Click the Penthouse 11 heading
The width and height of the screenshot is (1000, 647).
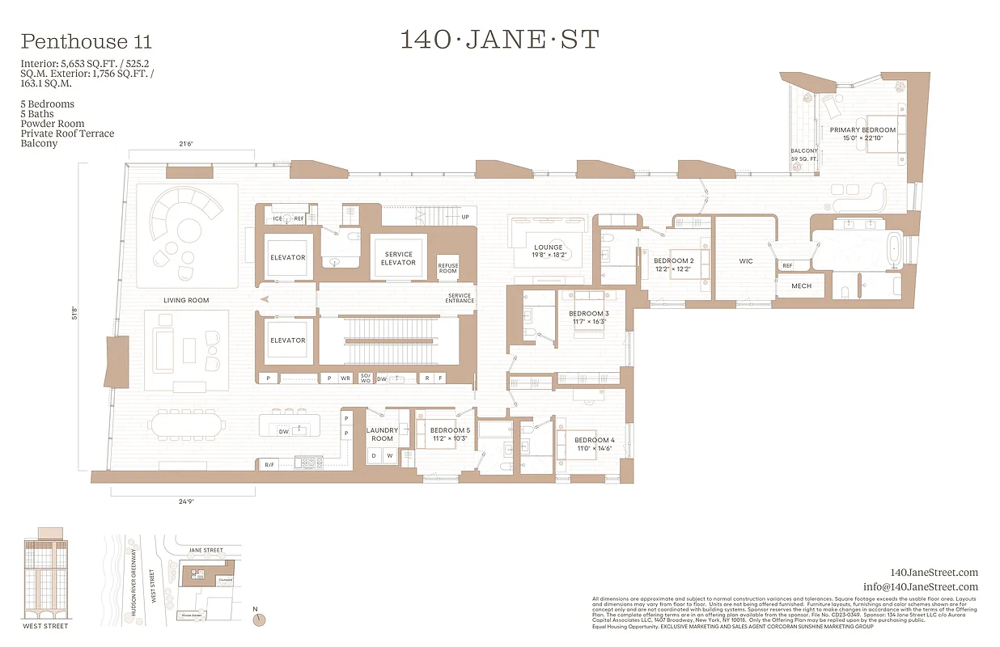pos(87,41)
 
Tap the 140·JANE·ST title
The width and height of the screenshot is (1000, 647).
pos(499,39)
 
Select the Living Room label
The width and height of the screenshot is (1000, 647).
pos(186,300)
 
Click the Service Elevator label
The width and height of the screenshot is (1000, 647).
pos(398,258)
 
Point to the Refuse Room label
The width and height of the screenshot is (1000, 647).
pos(447,268)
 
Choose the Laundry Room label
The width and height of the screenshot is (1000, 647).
pos(382,434)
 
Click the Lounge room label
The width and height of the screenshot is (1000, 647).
pos(549,251)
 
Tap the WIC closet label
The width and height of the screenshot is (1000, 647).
pos(745,261)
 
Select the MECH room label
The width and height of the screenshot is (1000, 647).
pos(801,285)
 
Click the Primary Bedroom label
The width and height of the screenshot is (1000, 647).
pos(862,133)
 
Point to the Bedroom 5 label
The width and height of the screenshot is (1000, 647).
pos(450,434)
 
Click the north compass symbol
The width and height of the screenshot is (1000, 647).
pos(259,619)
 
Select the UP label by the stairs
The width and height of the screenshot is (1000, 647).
pos(464,217)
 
